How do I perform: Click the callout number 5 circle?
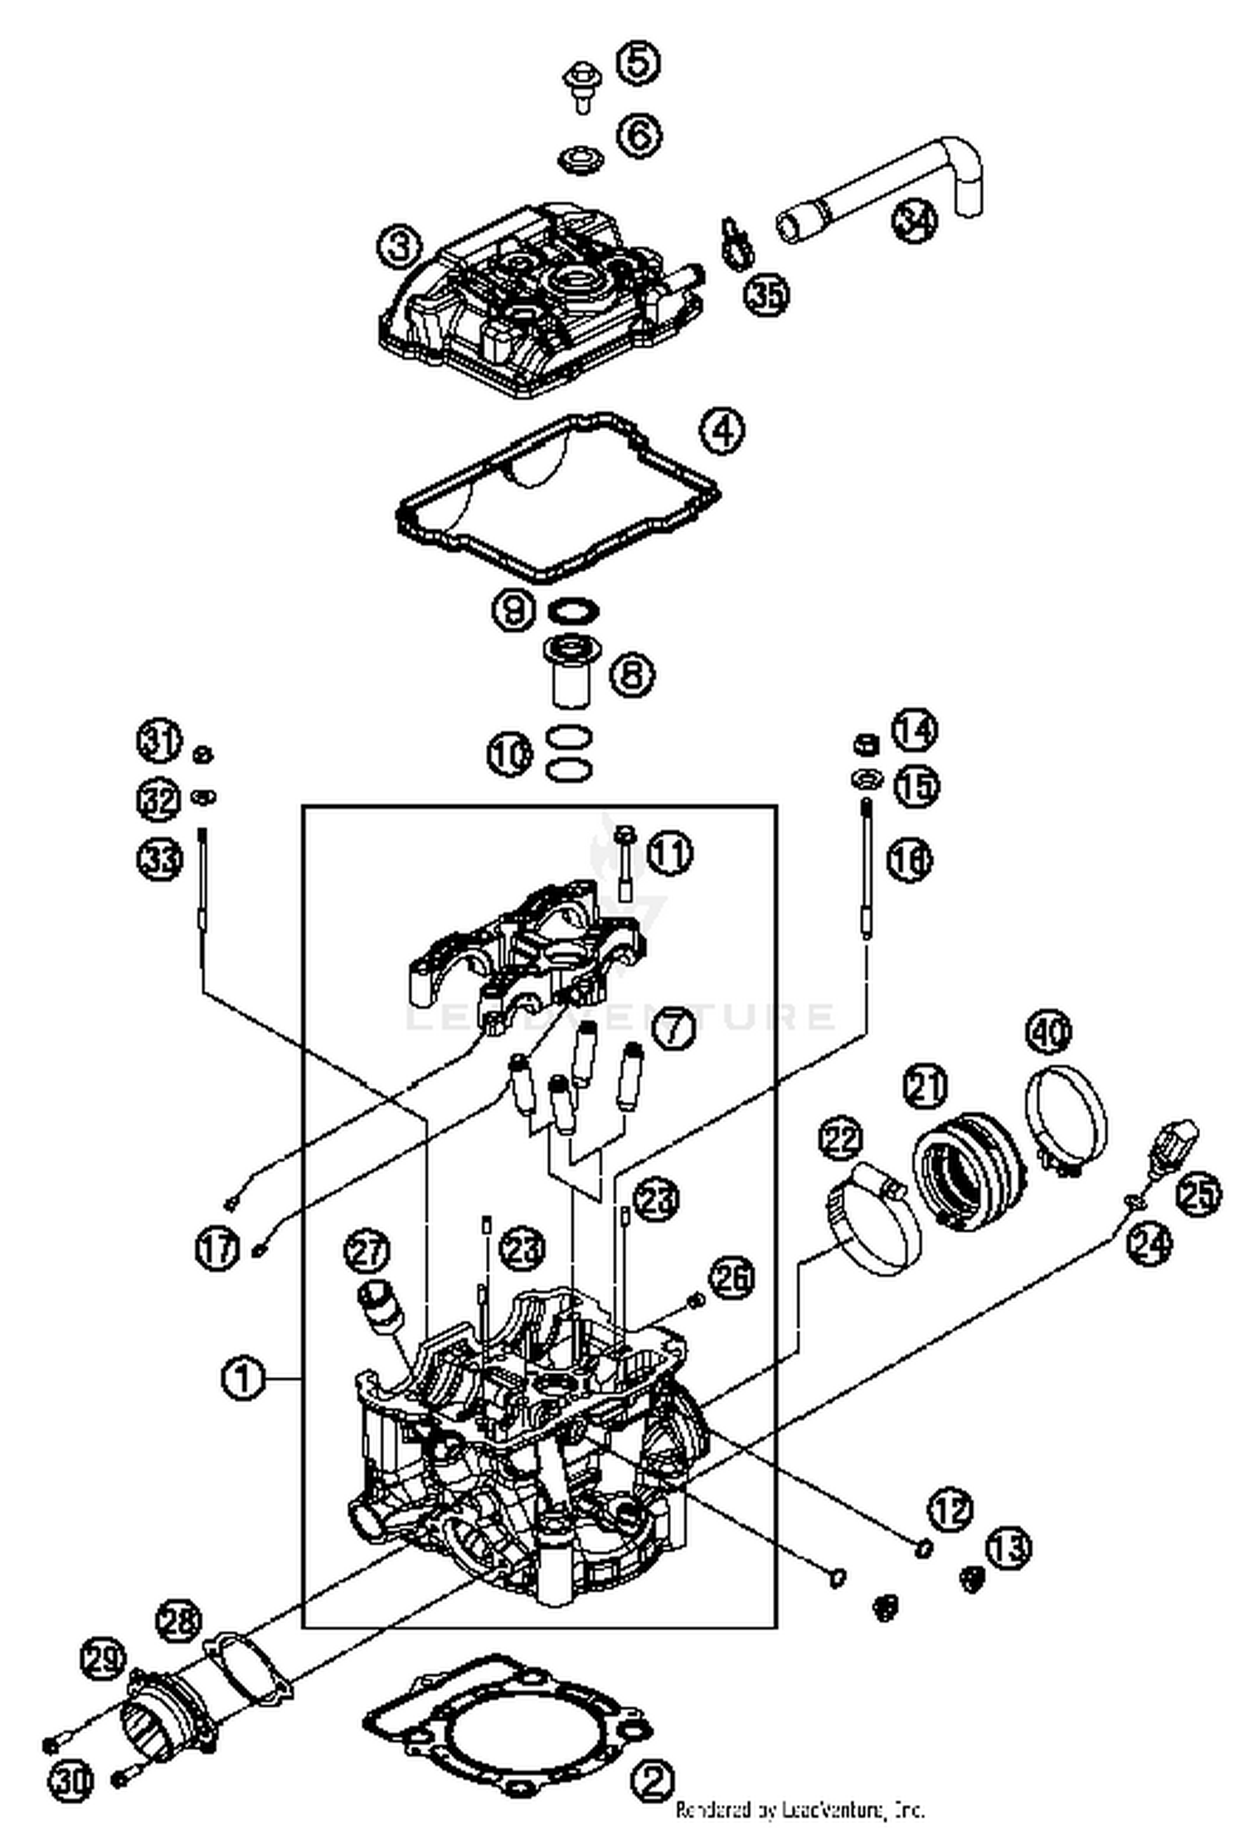tap(637, 62)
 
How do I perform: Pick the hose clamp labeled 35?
tap(733, 245)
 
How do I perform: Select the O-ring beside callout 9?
tap(574, 611)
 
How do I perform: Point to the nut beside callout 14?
tap(865, 742)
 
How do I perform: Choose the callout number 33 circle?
tap(159, 859)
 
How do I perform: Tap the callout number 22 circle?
tap(841, 1141)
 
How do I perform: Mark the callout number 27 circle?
tap(367, 1251)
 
